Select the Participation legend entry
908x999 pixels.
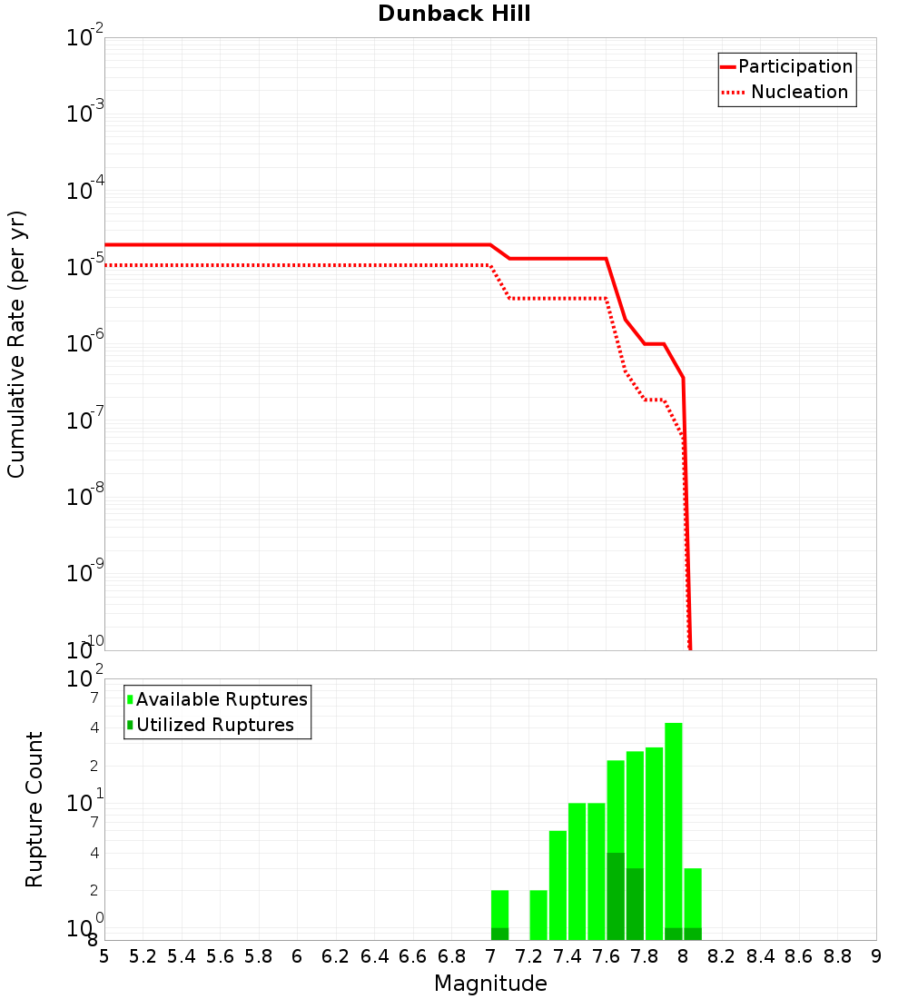point(786,66)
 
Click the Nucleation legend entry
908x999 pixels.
point(786,92)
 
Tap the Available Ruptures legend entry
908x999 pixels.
point(218,699)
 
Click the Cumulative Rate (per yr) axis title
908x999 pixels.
point(16,343)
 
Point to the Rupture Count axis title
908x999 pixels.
point(35,809)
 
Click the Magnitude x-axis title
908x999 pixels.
point(490,984)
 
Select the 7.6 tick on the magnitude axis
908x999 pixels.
point(607,956)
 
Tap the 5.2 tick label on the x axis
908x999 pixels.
point(143,956)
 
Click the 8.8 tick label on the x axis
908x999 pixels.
point(837,956)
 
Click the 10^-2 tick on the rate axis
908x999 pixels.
point(85,39)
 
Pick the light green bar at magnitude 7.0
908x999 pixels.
point(499,908)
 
